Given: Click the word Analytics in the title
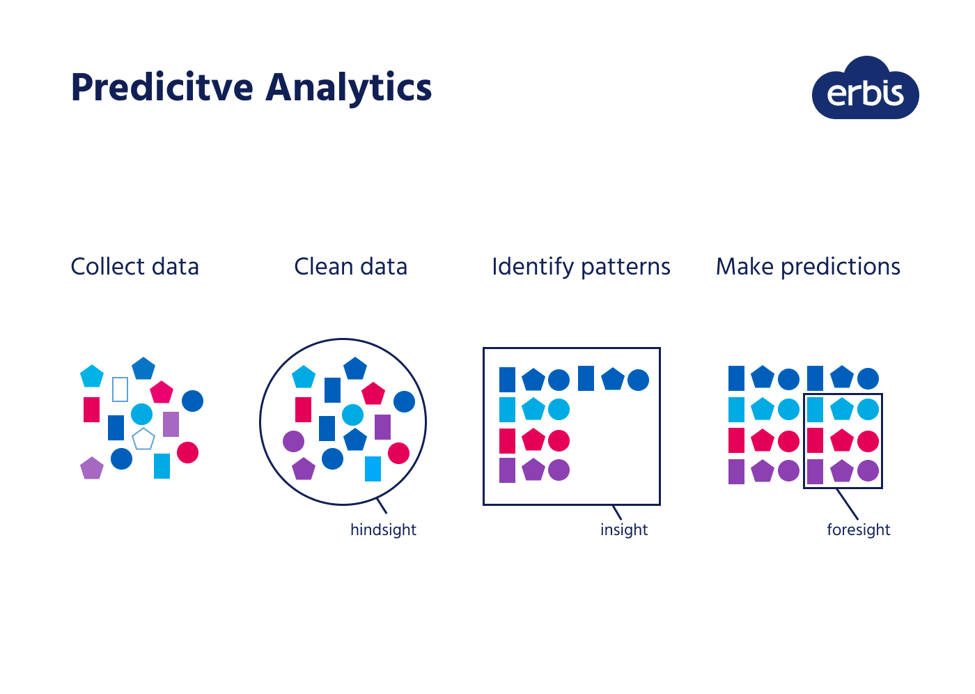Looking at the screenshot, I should (348, 88).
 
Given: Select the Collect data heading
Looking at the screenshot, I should (134, 267).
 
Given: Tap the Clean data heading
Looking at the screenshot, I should (350, 267).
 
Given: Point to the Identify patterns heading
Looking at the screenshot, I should (581, 267).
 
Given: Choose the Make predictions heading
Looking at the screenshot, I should (808, 267).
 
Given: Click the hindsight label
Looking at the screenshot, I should (383, 530).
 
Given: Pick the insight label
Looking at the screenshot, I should (624, 530).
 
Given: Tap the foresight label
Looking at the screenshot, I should (858, 530).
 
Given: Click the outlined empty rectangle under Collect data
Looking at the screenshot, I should (120, 389).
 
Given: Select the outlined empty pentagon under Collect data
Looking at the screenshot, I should (143, 440).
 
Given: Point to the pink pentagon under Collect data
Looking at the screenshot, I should (162, 392).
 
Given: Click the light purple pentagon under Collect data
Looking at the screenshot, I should (92, 468).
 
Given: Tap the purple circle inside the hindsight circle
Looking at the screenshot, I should (294, 441).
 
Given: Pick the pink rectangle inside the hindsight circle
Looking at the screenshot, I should (303, 410).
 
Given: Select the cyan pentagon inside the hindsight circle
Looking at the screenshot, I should (304, 377).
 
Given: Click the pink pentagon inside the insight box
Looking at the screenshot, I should (533, 440).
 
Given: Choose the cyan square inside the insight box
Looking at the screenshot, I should (507, 410).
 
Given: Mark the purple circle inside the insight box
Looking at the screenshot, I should (559, 470).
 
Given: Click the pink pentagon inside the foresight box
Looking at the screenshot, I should (842, 440).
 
